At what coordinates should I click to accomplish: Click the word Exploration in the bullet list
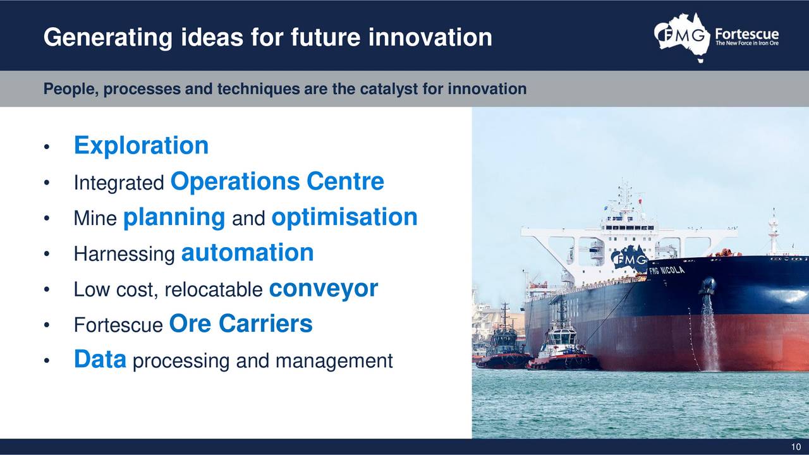[141, 145]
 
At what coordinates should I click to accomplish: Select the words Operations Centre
[277, 181]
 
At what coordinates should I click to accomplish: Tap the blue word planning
[174, 218]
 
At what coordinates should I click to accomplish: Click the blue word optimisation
[344, 217]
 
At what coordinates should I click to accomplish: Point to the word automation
[247, 252]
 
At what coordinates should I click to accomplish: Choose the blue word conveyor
[324, 289]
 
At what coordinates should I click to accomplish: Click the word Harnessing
[125, 254]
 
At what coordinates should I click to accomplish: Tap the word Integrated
[119, 183]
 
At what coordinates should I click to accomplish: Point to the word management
[334, 361]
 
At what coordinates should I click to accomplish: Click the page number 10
[796, 447]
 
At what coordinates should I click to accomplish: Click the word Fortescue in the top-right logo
[747, 34]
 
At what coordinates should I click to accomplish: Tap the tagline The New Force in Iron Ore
[747, 44]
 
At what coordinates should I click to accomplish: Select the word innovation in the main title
[430, 37]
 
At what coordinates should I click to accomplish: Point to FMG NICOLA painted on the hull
[667, 270]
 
